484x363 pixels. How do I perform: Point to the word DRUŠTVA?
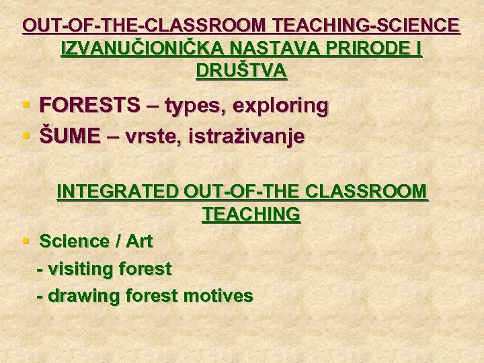(241, 71)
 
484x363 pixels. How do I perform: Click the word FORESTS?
(90, 106)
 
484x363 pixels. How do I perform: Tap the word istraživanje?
(247, 137)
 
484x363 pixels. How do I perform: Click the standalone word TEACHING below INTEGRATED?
(251, 214)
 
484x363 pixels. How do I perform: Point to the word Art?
(137, 241)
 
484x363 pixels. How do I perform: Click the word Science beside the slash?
(75, 241)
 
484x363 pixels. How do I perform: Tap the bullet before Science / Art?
(26, 241)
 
